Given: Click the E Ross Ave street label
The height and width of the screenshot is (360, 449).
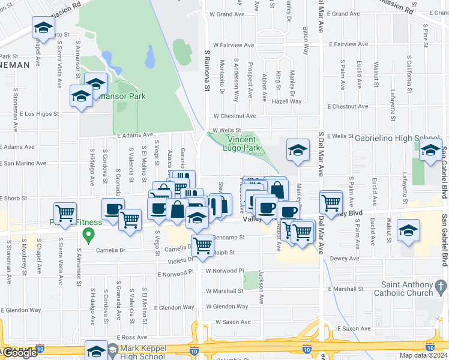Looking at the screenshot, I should pyautogui.click(x=133, y=338).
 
